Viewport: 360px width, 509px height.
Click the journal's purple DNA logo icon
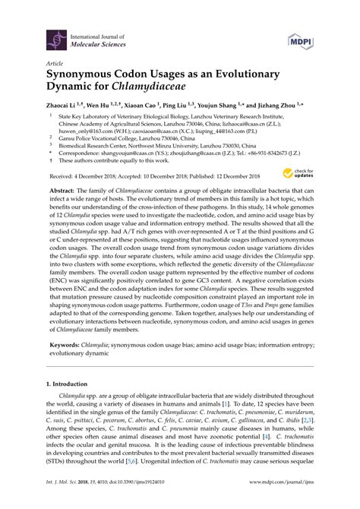[55, 38]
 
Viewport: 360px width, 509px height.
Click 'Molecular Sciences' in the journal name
[101, 43]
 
